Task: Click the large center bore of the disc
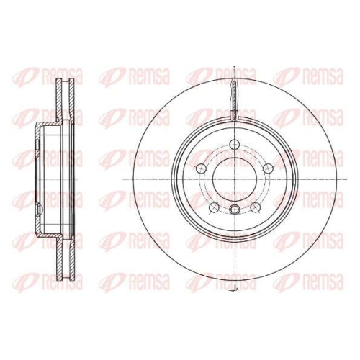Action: [x=235, y=179]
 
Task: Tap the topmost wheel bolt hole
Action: [x=235, y=145]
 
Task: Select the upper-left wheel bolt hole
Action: [x=202, y=168]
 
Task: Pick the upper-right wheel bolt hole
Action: [x=268, y=168]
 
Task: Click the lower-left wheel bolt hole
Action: [x=214, y=207]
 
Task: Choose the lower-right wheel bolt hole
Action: [x=255, y=207]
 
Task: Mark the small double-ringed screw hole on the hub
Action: [x=235, y=210]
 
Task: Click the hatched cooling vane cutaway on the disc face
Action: [x=235, y=100]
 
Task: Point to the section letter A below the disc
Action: [x=237, y=289]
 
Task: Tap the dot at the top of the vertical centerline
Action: [x=234, y=66]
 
